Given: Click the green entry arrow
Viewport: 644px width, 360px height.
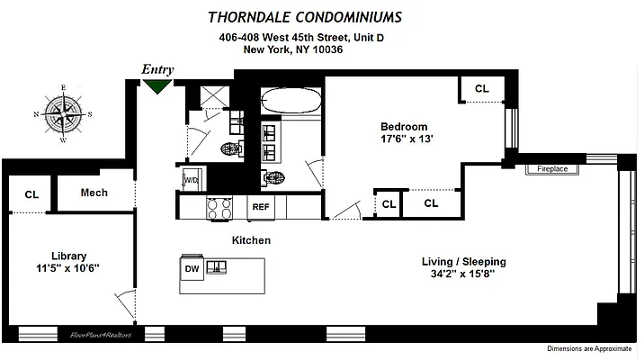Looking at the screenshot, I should click(158, 86).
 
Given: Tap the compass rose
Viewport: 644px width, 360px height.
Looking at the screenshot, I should click(63, 113).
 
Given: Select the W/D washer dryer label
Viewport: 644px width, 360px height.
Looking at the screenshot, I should click(192, 179).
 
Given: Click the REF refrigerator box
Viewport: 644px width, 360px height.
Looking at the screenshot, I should click(261, 207).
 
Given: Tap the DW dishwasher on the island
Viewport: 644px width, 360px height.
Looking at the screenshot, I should click(192, 267).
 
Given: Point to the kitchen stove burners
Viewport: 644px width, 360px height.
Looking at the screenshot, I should click(219, 208).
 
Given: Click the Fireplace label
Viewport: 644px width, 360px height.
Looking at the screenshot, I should click(552, 168).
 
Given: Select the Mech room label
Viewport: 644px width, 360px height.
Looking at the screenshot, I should click(94, 193).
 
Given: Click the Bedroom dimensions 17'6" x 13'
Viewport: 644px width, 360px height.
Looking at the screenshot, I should click(404, 139).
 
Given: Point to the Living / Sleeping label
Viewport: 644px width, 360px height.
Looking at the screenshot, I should click(464, 262).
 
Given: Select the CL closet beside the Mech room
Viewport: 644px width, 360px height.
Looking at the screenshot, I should click(31, 194).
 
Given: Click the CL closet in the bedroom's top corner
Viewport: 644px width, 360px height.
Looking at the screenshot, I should click(482, 88).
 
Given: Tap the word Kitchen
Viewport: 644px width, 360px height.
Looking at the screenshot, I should click(251, 240).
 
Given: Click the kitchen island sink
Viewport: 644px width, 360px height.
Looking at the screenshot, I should click(217, 267).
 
